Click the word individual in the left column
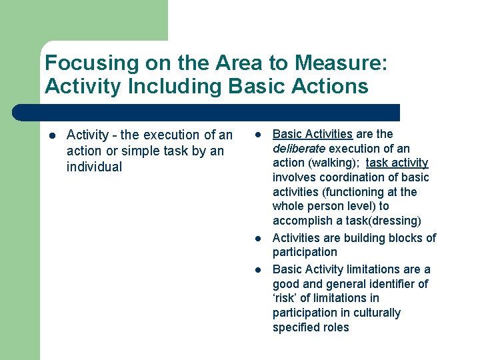[x=95, y=167]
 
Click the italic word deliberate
[x=298, y=149]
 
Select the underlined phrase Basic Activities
[x=313, y=134]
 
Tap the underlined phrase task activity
[x=397, y=163]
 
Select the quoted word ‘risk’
[x=287, y=298]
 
